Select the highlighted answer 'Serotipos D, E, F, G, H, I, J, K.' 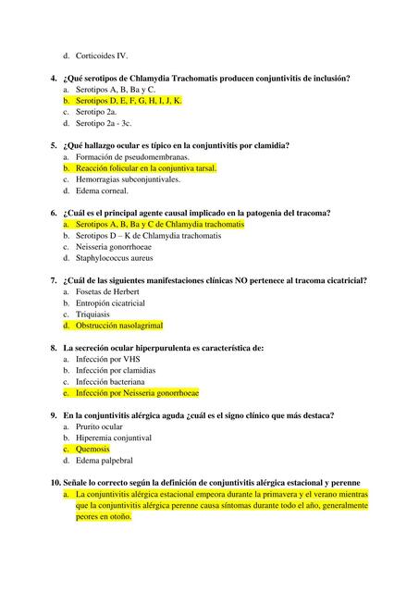129,100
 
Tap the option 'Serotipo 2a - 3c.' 104,122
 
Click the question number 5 54,145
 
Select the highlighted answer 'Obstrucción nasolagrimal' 119,326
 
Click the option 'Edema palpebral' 105,460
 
